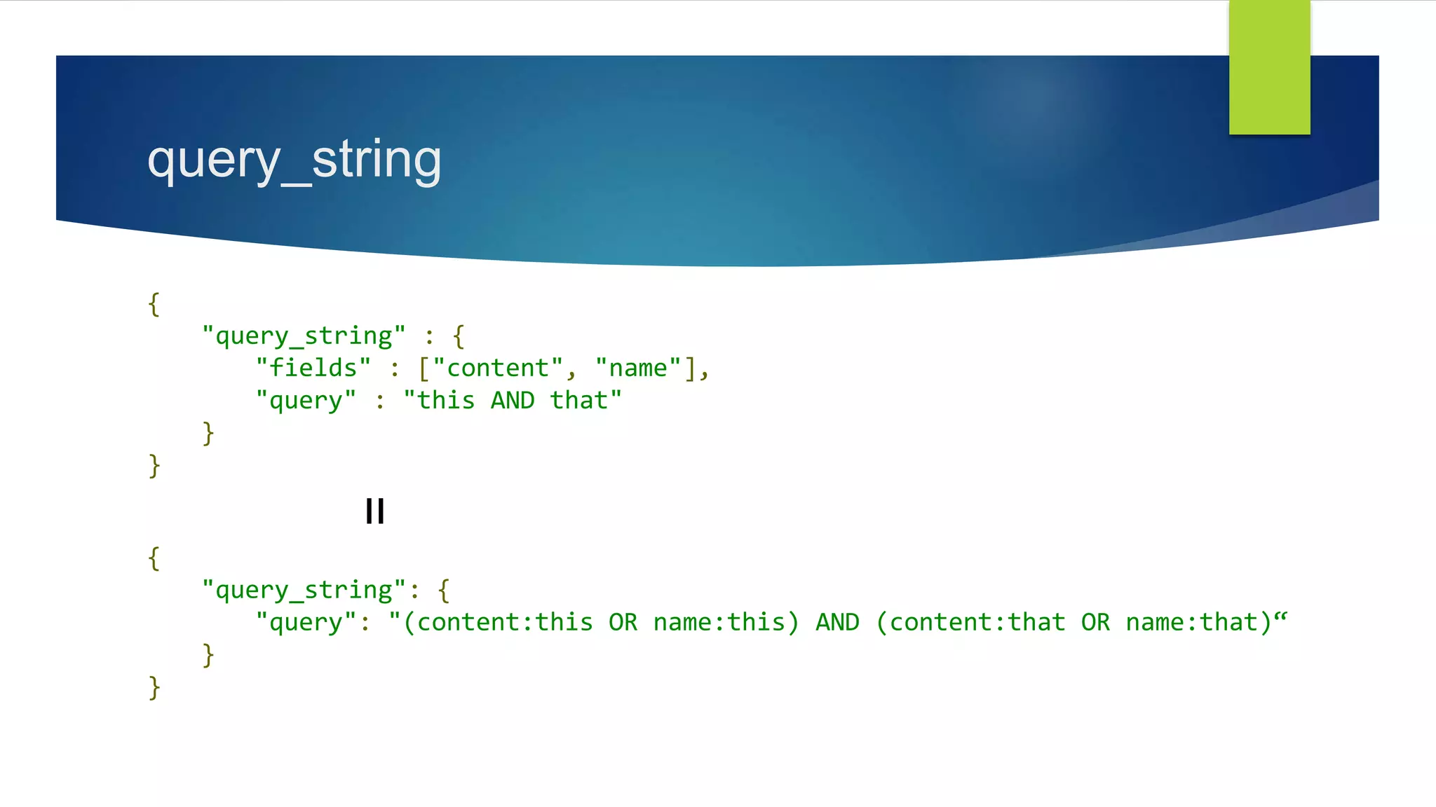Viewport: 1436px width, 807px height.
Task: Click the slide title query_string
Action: pos(294,160)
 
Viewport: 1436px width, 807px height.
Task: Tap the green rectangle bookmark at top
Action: pos(1269,67)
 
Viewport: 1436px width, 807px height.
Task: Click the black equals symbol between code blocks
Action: pos(375,511)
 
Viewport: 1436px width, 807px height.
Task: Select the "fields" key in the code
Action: pos(313,368)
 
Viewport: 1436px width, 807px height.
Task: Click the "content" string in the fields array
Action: pos(498,368)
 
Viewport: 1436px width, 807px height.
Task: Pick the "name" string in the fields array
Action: pos(637,368)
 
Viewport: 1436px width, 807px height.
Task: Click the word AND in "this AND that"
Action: pos(513,400)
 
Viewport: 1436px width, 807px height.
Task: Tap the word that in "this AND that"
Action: pos(578,400)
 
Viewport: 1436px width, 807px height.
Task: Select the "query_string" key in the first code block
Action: pos(304,336)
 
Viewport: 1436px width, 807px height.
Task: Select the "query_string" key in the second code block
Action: pos(304,590)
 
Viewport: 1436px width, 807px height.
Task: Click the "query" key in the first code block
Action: pos(306,400)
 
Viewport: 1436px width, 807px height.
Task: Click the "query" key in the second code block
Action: pos(306,622)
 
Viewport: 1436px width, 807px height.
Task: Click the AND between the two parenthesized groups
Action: pos(837,622)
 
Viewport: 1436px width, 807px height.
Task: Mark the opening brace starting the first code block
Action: pos(154,304)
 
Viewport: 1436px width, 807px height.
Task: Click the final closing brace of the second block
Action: pos(154,687)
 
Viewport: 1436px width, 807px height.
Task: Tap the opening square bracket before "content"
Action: pos(424,368)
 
